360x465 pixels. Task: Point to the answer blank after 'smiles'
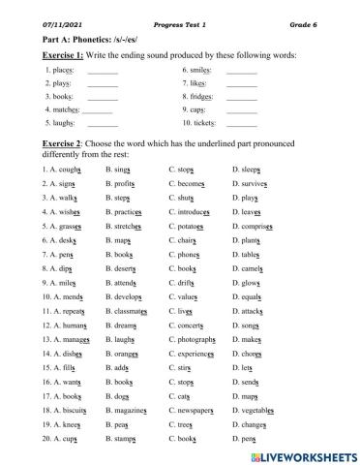click(241, 73)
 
